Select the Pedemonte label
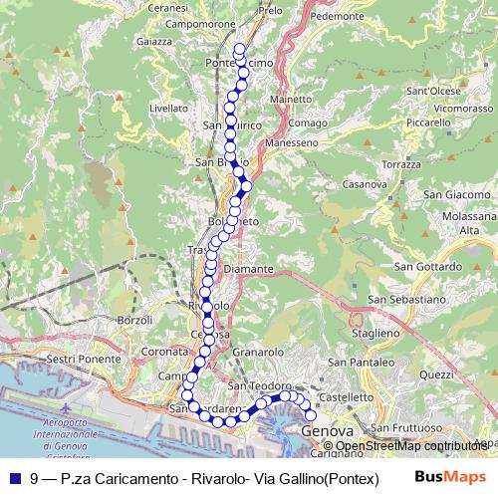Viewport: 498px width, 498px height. point(338,16)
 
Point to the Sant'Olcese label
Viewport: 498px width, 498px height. point(431,90)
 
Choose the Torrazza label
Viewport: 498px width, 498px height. point(401,163)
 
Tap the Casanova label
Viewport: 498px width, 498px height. point(364,184)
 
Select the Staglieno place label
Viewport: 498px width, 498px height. point(375,332)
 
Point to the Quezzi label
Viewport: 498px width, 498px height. point(437,374)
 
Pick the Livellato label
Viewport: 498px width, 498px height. point(167,108)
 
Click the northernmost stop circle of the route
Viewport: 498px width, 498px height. point(239,49)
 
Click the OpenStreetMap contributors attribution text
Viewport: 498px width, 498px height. point(408,446)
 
